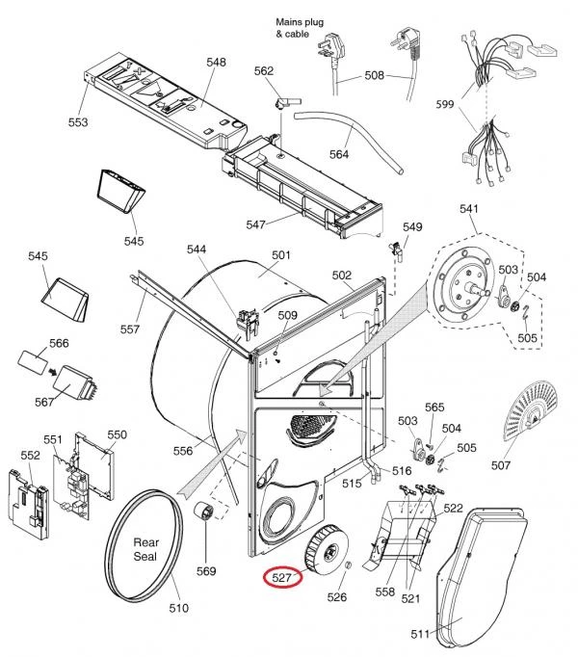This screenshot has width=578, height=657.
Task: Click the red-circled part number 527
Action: [281, 578]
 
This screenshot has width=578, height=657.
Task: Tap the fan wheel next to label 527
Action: [328, 549]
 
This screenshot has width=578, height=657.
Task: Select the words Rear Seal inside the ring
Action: [145, 549]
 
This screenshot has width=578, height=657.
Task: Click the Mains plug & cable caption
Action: [300, 28]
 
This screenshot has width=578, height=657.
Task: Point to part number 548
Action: [216, 62]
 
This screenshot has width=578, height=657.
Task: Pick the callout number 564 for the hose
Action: [339, 154]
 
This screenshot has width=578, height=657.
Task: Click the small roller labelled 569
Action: [204, 512]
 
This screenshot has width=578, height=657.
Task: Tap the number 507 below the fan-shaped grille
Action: [501, 464]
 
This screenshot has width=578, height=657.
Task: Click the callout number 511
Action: [420, 634]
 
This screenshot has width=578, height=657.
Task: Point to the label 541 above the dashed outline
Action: [468, 209]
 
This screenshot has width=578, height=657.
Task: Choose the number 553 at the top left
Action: [78, 122]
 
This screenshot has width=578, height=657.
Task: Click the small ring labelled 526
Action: [348, 565]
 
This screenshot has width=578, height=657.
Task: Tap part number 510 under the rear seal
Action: [178, 608]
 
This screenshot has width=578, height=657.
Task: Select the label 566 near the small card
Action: [59, 343]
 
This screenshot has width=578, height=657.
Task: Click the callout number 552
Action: [30, 455]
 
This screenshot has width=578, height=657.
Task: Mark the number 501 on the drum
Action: [281, 255]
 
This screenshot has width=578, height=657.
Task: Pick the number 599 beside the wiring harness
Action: [445, 104]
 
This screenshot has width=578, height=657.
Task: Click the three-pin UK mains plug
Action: [332, 47]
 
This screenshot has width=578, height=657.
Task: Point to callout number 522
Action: [453, 509]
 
